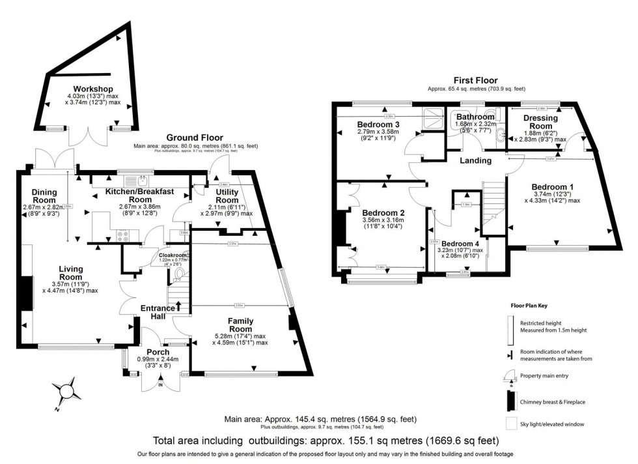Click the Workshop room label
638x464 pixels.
tap(93, 89)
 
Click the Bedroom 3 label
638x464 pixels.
tap(378, 124)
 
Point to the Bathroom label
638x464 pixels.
tap(475, 117)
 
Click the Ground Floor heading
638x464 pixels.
tap(195, 138)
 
